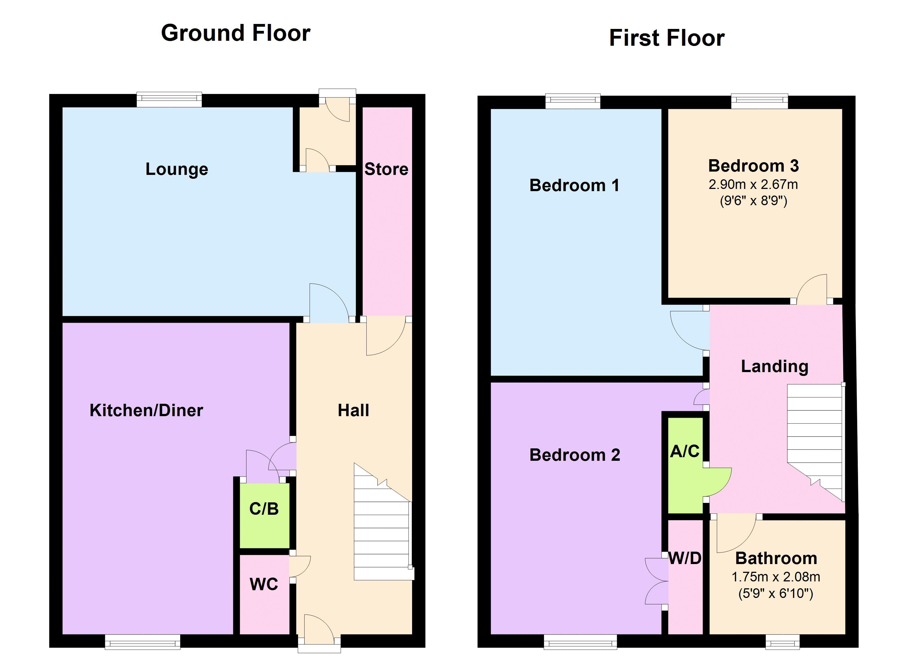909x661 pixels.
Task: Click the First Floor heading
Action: point(667,39)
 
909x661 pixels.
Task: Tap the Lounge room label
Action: point(177,169)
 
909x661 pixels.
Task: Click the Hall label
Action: point(353,410)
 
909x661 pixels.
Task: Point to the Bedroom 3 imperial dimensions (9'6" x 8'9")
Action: point(753,201)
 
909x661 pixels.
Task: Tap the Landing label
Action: point(774,366)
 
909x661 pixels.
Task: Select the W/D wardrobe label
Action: point(685,558)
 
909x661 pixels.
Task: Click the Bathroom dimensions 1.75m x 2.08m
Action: point(775,577)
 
